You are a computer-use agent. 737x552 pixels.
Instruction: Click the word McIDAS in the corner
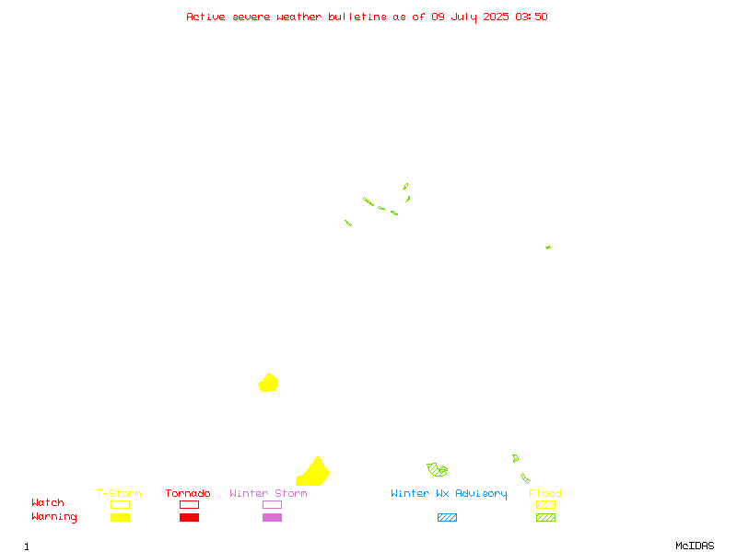(x=695, y=546)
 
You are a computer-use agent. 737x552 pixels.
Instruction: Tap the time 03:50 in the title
(x=532, y=17)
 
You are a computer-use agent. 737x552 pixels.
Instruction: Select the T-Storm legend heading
(x=119, y=493)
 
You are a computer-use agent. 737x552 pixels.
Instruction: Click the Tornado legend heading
(x=188, y=493)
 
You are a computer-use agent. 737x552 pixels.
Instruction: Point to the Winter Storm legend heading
(x=268, y=493)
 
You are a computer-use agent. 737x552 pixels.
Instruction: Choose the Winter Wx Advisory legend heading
(x=449, y=494)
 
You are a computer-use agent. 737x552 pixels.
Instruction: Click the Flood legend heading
(x=544, y=493)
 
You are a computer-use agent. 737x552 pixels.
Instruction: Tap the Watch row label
(x=48, y=502)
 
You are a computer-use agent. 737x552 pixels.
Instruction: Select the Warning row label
(x=54, y=517)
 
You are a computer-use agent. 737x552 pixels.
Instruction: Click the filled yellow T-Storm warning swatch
(x=121, y=517)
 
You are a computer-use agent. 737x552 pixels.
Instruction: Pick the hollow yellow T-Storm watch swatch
(x=121, y=504)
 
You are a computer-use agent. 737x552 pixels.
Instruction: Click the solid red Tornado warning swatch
(x=190, y=517)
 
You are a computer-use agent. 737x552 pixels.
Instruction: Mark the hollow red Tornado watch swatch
(x=190, y=504)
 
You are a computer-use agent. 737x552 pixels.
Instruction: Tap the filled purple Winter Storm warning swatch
(x=272, y=517)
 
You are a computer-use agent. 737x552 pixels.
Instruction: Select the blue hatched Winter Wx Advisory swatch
(x=447, y=517)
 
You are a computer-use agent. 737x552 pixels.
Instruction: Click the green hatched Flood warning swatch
(x=545, y=517)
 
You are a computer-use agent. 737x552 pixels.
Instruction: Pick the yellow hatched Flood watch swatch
(x=545, y=504)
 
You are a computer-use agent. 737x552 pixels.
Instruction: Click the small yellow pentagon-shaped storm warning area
(x=268, y=383)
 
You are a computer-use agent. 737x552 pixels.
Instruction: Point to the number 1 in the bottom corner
(x=27, y=546)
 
